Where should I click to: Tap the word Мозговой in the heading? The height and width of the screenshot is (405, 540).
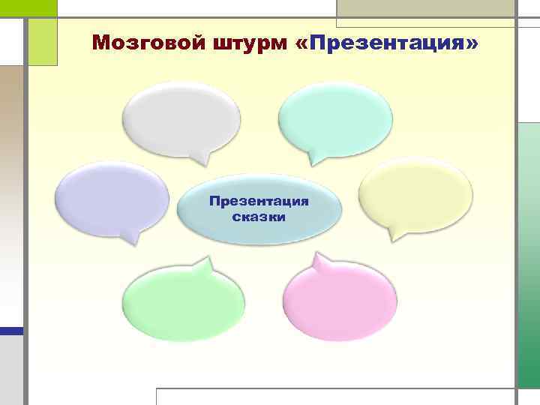[x=136, y=43]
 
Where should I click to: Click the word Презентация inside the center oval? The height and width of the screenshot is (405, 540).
[x=259, y=201]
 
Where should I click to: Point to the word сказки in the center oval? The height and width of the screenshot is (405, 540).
[x=259, y=216]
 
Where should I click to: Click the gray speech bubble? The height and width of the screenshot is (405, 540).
[x=181, y=118]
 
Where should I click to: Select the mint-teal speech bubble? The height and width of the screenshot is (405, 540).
[x=335, y=118]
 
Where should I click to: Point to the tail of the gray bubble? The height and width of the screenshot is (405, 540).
[x=199, y=158]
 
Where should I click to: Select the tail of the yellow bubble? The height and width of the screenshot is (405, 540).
[x=392, y=237]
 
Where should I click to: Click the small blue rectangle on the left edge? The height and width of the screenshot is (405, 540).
[x=11, y=330]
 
